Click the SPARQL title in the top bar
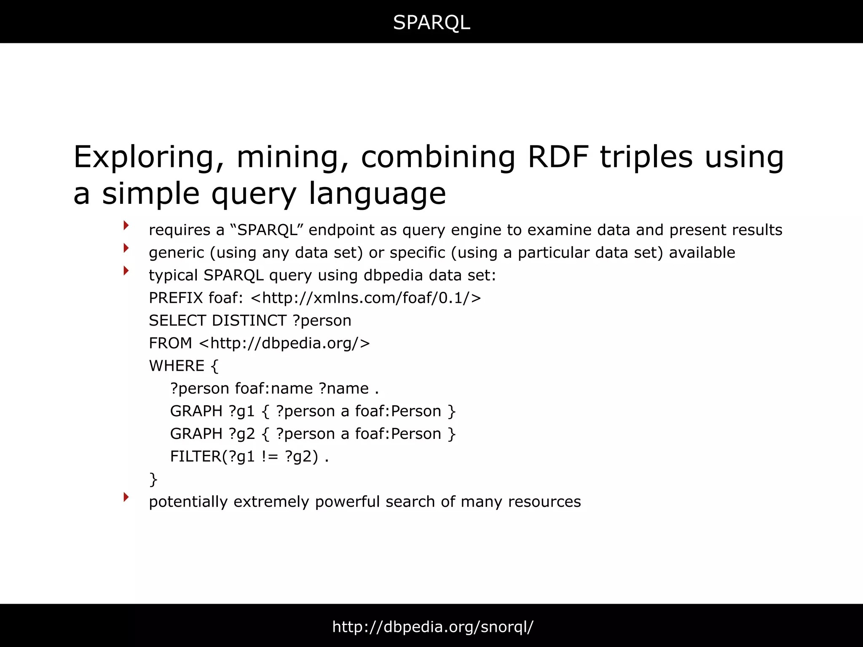[431, 22]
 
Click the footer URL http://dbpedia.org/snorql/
[433, 627]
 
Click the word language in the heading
[377, 194]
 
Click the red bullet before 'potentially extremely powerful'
[126, 497]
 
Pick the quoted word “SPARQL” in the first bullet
[267, 230]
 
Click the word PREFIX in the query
[176, 298]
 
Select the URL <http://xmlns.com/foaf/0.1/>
[366, 298]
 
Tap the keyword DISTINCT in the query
[249, 321]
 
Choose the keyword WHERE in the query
[177, 366]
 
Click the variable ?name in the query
[344, 389]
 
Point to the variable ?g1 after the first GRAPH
[242, 412]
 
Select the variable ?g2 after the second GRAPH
[242, 434]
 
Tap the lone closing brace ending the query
[153, 479]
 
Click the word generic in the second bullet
[177, 253]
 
